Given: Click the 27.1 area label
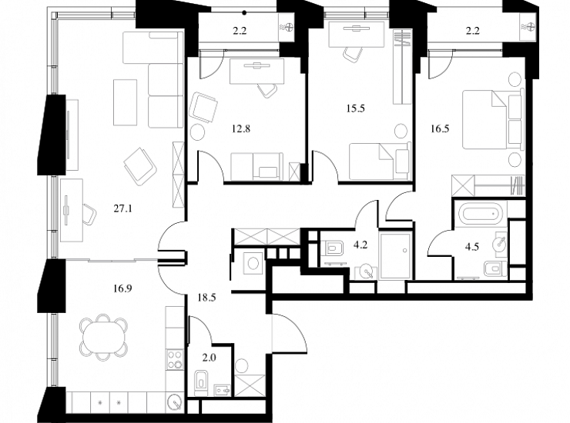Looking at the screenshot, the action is (x=123, y=208).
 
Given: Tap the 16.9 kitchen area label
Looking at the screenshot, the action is (x=122, y=288).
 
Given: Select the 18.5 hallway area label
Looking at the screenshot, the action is (x=207, y=298).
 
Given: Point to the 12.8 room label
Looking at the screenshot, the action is (x=241, y=128).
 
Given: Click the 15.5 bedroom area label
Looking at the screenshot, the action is (x=356, y=108).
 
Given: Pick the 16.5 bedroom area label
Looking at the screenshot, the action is (x=441, y=128).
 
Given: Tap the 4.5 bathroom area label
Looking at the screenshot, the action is (x=472, y=247).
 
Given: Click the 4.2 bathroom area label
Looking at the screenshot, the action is (x=360, y=245).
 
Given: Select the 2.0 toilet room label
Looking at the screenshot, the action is (x=210, y=358).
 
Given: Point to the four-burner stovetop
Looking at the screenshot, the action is (x=175, y=359).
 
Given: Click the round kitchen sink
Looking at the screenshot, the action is (x=176, y=403).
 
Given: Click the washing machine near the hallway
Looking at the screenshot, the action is (x=250, y=261).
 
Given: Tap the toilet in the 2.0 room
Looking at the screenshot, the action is (x=201, y=383).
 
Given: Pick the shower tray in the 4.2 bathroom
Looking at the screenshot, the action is (x=395, y=256).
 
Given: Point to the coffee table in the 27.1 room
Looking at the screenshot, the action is (x=126, y=102).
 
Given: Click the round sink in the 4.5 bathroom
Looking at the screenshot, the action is (x=500, y=243).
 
